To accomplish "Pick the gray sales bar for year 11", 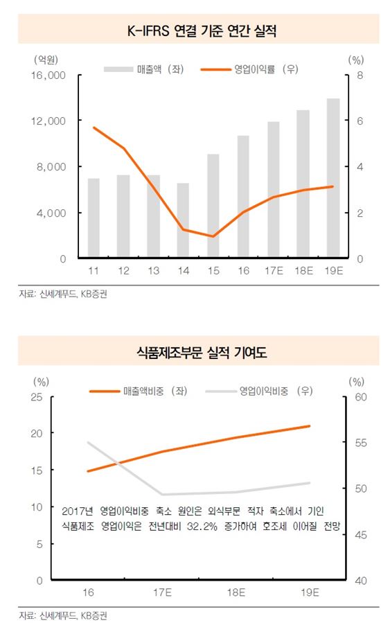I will [x=94, y=218].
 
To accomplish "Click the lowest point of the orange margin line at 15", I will [x=213, y=236].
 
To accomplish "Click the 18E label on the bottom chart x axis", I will [x=236, y=592].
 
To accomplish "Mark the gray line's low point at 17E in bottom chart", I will [x=163, y=494].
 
